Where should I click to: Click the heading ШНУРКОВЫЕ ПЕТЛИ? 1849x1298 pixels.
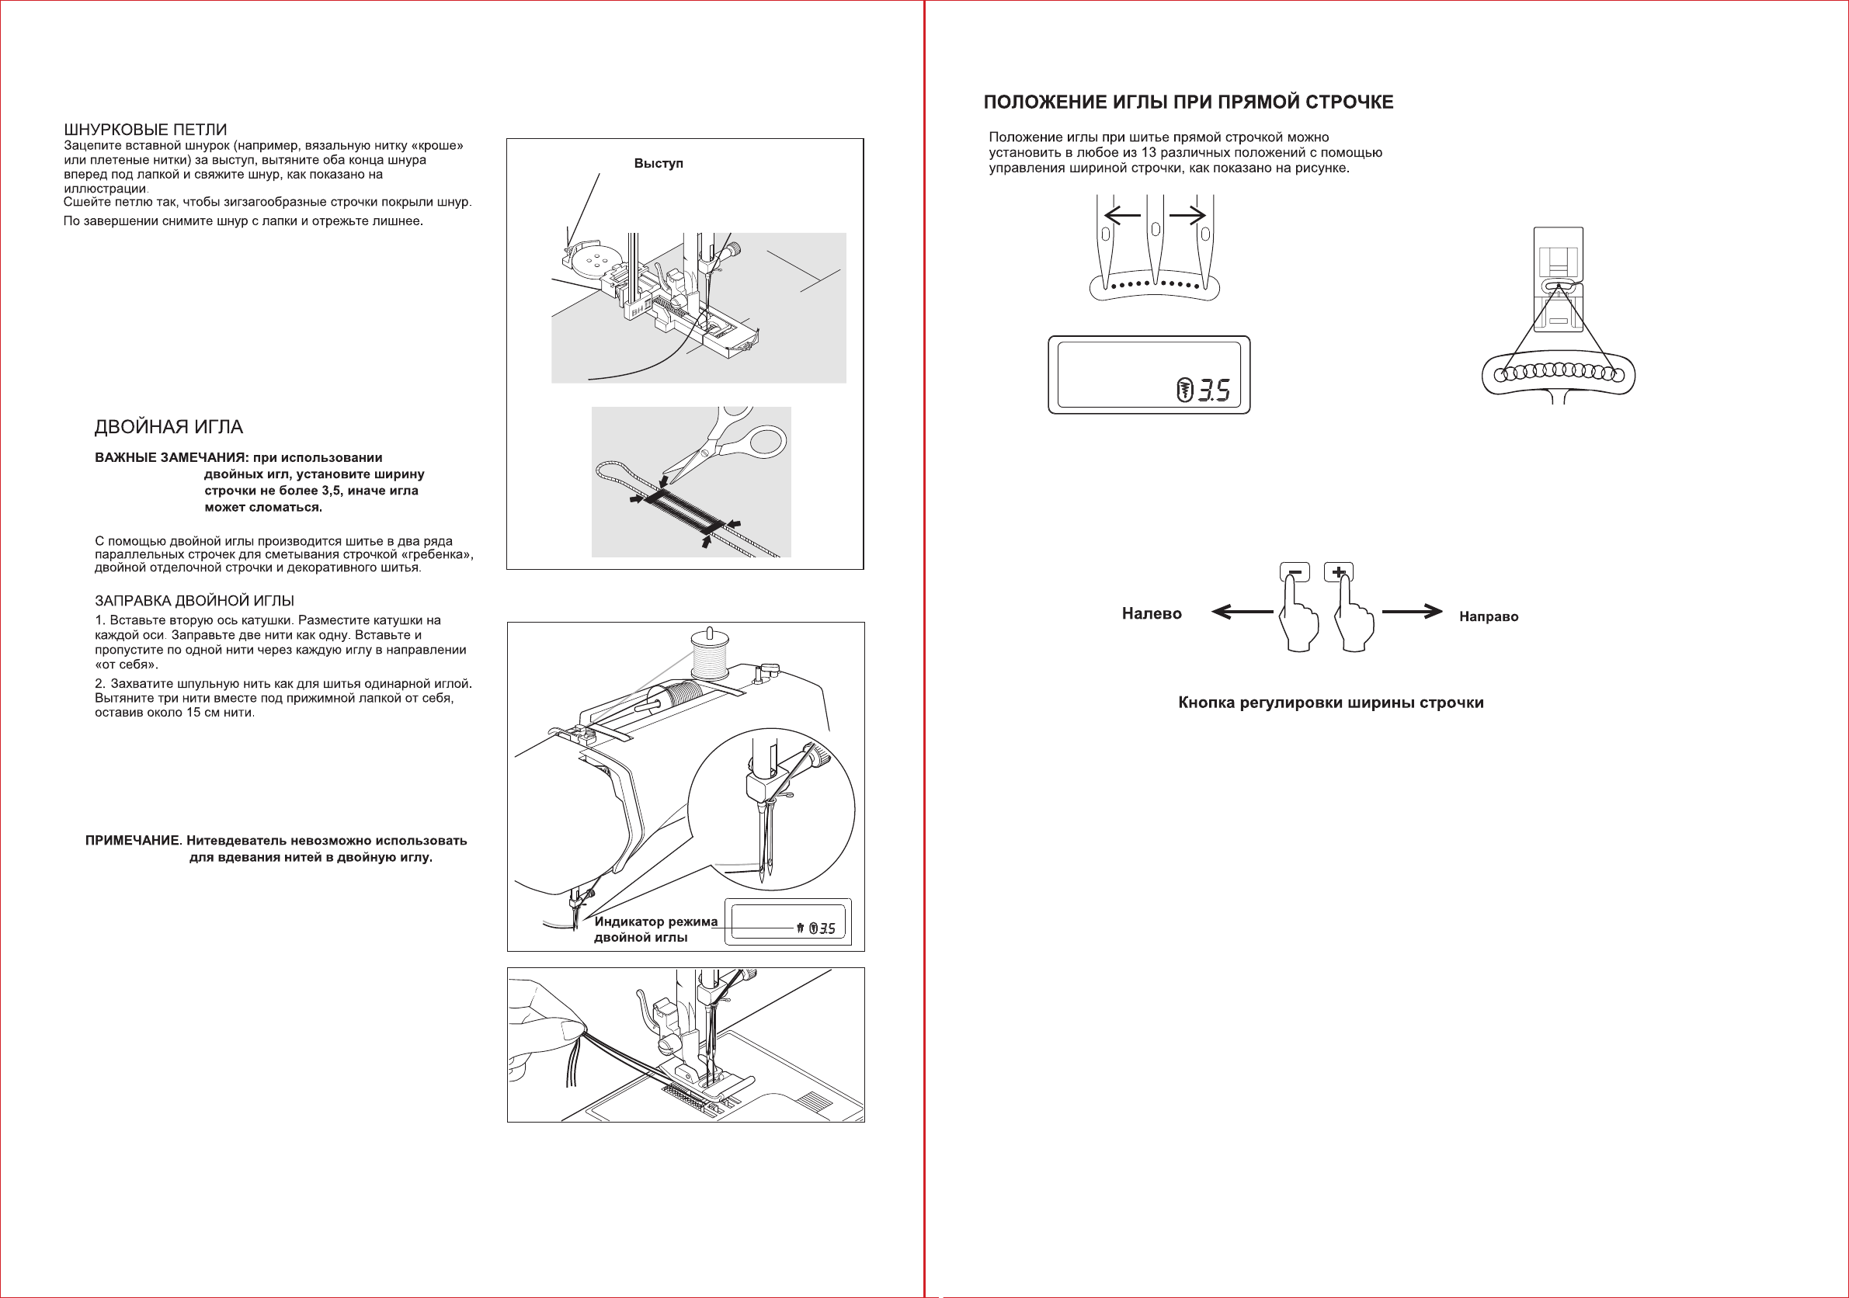145,130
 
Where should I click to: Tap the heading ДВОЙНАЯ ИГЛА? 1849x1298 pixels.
169,427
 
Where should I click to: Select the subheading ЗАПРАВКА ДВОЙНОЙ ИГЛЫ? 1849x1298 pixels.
194,601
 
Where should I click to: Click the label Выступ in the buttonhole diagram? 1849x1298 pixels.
658,164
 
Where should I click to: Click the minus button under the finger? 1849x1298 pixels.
1294,572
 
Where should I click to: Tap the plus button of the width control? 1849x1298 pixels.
1339,572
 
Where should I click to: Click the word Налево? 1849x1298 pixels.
1152,613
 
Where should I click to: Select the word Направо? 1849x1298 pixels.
1488,617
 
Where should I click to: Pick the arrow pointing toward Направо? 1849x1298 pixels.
1412,613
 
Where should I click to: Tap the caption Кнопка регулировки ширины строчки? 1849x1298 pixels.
1330,703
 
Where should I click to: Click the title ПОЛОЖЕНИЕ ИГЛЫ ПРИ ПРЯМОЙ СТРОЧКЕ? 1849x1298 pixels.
1188,102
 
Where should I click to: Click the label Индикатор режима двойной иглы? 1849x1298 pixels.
655,929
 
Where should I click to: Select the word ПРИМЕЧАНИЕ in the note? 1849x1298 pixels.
132,841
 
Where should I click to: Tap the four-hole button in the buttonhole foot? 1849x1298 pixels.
596,259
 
